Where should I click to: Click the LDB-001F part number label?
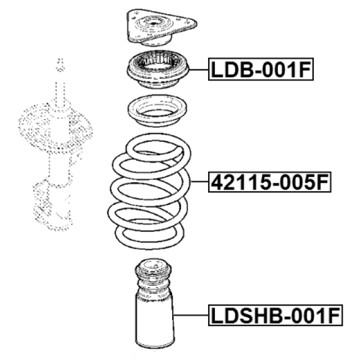click(x=261, y=69)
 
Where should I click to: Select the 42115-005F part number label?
click(x=269, y=182)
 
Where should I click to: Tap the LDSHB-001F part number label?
click(x=276, y=315)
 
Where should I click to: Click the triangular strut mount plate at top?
click(x=161, y=28)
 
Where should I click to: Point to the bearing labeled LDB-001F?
click(x=157, y=70)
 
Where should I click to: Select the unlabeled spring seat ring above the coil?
click(x=157, y=111)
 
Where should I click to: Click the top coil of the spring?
click(x=159, y=147)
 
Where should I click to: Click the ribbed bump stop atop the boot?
click(x=153, y=278)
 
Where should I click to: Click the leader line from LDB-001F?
click(x=199, y=70)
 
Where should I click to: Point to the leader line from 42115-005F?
click(x=199, y=182)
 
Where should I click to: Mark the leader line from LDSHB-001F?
click(x=191, y=315)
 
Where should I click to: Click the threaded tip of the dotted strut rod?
click(x=60, y=65)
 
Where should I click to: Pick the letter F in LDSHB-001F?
click(x=333, y=316)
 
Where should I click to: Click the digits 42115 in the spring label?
click(x=240, y=182)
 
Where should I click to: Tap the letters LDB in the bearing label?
click(x=233, y=70)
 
